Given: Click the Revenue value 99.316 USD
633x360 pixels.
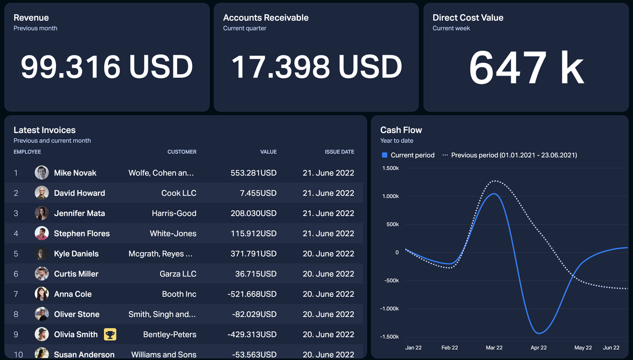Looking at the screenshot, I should pos(107,67).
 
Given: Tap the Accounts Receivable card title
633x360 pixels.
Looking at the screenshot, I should pos(266,18).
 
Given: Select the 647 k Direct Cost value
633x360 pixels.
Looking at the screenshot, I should pos(526,68).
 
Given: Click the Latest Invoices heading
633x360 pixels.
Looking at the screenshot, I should pos(45,130).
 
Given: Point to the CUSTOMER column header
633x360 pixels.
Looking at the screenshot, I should pos(181,152).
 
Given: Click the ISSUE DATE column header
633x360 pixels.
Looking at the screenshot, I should pos(339,152).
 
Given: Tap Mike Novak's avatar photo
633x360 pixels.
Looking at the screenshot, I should pos(42,173).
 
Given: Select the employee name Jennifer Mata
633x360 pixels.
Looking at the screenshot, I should pos(79,213).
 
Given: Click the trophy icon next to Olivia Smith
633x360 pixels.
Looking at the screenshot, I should pos(110,334).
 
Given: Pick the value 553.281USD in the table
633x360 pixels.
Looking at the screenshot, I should pos(253,173).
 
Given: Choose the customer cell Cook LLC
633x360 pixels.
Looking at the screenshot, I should pos(179,193).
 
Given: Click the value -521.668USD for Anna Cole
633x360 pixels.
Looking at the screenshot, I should pos(252,294).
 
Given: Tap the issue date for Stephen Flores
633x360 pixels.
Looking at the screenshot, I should pos(328,233).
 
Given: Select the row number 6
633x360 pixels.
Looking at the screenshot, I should pos(16,273).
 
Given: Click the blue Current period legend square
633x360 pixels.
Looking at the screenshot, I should pos(385,155).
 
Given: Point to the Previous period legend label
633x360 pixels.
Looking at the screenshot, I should pos(514,155).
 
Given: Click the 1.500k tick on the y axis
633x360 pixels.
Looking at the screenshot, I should pos(391,168).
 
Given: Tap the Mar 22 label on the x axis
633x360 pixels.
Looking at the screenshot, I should pos(494,348).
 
